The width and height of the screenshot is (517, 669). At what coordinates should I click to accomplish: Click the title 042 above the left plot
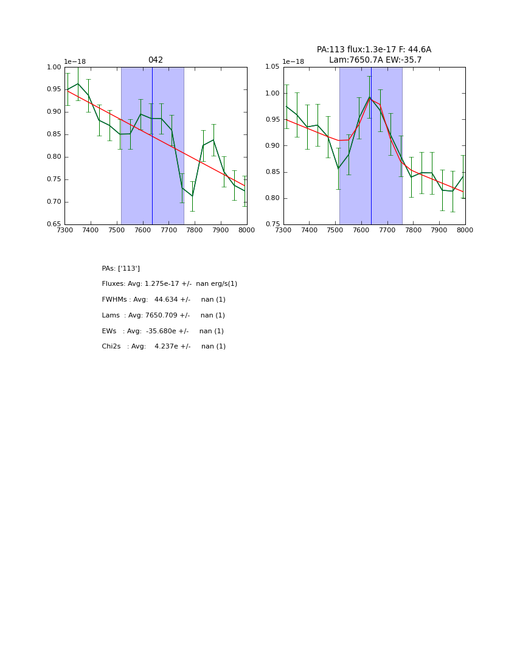[x=156, y=60]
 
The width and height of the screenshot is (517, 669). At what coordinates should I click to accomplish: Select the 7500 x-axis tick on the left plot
[x=117, y=230]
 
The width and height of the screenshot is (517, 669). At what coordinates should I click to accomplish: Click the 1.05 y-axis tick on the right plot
[x=272, y=67]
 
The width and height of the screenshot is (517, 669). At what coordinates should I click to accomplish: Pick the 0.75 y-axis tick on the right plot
[x=272, y=224]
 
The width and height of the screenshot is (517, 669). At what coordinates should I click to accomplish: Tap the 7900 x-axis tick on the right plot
[x=439, y=230]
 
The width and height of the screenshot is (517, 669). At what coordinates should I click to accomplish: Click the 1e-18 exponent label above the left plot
[x=75, y=61]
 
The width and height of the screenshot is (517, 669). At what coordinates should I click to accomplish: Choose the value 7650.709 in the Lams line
[x=162, y=316]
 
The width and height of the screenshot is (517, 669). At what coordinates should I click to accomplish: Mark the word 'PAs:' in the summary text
[x=109, y=269]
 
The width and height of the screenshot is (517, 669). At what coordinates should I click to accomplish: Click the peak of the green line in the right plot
[x=369, y=97]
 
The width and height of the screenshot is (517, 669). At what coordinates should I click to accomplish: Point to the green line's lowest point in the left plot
[x=192, y=196]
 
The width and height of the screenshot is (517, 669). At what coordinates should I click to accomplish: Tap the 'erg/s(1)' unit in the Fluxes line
[x=221, y=284]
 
